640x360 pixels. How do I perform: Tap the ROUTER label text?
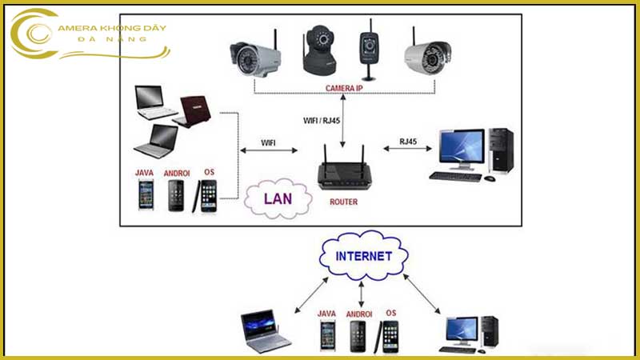[x=343, y=202]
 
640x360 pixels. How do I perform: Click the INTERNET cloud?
[x=364, y=257]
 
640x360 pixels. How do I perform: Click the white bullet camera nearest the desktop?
[x=422, y=54]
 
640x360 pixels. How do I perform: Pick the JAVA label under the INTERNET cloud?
[x=326, y=314]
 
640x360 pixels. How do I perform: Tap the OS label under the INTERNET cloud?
[x=390, y=313]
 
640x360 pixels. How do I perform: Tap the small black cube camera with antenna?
[x=369, y=49]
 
